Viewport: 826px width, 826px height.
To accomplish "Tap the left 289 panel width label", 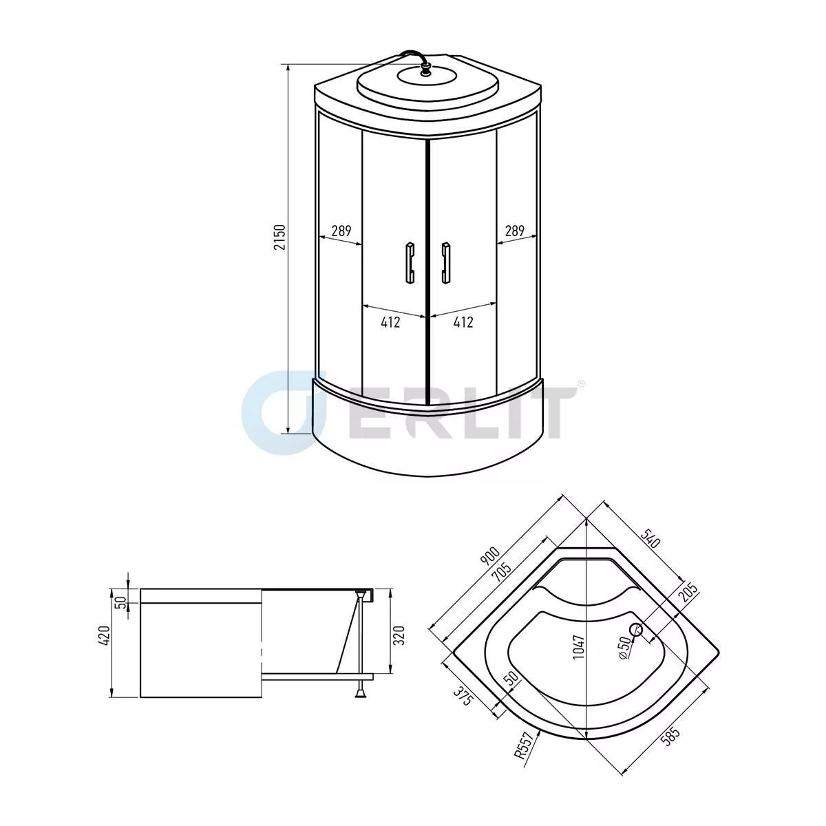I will click(341, 231).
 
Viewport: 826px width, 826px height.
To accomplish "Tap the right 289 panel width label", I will click(515, 231).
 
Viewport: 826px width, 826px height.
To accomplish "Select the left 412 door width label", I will click(390, 321).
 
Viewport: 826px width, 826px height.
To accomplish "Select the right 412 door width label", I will click(463, 321).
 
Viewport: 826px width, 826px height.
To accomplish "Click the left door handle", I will click(410, 262).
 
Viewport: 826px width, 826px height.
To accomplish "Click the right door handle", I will click(446, 262).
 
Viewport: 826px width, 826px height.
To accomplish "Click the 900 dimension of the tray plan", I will click(489, 557).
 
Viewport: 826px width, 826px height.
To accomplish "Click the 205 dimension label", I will click(688, 593).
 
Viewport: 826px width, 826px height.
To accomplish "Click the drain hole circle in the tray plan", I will click(636, 629).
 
